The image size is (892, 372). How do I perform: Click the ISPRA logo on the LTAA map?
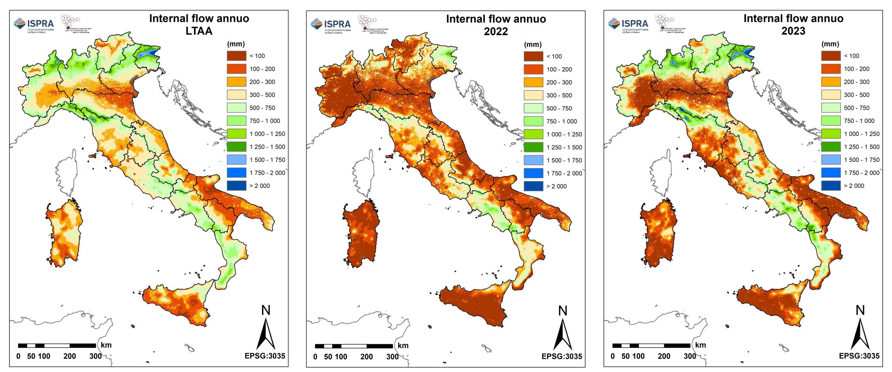tap(34, 24)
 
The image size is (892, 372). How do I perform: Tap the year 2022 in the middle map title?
tap(495, 31)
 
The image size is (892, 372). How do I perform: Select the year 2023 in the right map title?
tap(793, 31)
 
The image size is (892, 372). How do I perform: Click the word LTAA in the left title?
tap(199, 31)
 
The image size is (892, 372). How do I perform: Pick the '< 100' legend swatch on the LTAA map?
tap(237, 56)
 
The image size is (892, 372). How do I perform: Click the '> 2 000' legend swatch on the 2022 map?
tap(533, 186)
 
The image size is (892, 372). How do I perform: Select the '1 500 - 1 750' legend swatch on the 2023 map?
tap(831, 160)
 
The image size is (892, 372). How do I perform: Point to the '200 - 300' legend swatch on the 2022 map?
tap(533, 82)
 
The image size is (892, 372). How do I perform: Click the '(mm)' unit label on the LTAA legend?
tap(236, 44)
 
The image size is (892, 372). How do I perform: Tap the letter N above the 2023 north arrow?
tap(860, 310)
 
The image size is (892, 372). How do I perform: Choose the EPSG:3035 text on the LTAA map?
tap(265, 356)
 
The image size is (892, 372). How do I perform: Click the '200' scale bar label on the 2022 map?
tap(367, 357)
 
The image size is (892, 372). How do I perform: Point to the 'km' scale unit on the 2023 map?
tap(700, 345)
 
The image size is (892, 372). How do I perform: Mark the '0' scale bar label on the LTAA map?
tap(18, 356)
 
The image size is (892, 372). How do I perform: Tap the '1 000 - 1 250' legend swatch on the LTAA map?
tap(237, 134)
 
